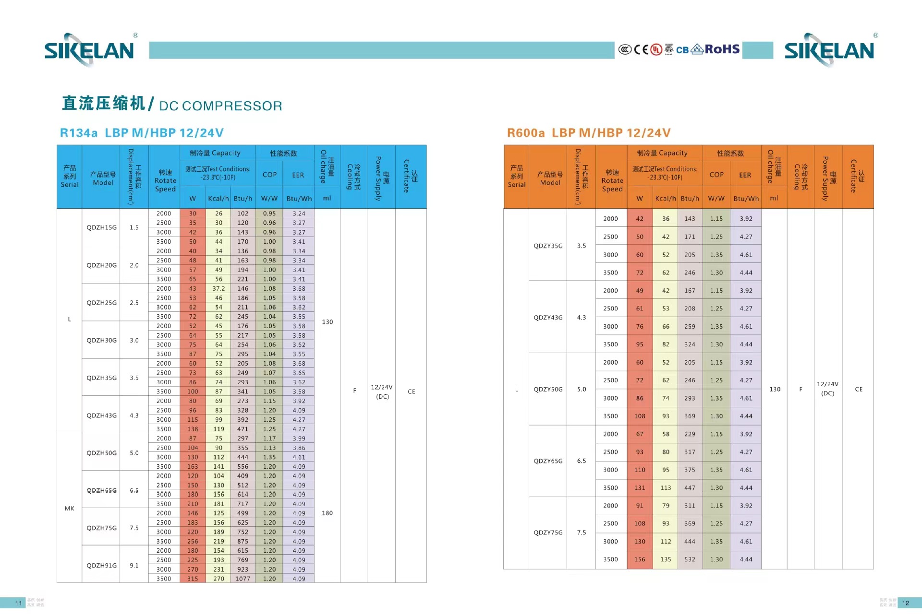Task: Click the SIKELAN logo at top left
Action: [x=89, y=50]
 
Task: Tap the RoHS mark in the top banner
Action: [x=722, y=49]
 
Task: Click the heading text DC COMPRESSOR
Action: [x=220, y=106]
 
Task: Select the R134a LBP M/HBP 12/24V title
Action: [x=142, y=133]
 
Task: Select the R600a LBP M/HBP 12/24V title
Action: [x=589, y=133]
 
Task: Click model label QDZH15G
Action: [x=101, y=227]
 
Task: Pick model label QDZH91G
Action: [x=101, y=565]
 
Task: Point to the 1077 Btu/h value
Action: [x=243, y=579]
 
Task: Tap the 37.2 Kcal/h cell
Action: [x=218, y=288]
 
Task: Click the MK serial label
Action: [x=69, y=508]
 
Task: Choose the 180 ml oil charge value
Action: [x=327, y=513]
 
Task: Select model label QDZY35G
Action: [x=548, y=246]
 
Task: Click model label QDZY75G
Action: [x=548, y=533]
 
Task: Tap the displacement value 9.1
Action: [x=134, y=565]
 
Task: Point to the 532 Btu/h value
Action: [x=690, y=559]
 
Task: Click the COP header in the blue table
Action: [x=269, y=175]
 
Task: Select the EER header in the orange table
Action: [x=745, y=175]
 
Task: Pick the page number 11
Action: [x=19, y=603]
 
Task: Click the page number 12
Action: [x=905, y=603]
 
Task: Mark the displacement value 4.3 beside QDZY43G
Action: [x=582, y=318]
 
